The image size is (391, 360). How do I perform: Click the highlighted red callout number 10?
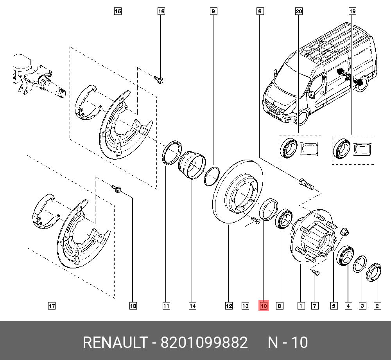(x=263, y=306)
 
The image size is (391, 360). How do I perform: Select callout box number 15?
(x=118, y=12)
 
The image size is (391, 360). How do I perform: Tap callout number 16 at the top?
(x=161, y=12)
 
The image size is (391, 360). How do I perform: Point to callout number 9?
(x=213, y=12)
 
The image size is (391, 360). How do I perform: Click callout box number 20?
(x=299, y=12)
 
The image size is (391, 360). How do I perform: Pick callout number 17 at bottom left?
(x=52, y=306)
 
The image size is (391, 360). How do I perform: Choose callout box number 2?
(x=377, y=306)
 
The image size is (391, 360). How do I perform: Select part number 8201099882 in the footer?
(x=204, y=343)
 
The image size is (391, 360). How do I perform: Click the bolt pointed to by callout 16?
(x=159, y=80)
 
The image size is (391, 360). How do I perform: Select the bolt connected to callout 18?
(x=117, y=189)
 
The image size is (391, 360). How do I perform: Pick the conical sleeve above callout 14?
(x=192, y=165)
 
